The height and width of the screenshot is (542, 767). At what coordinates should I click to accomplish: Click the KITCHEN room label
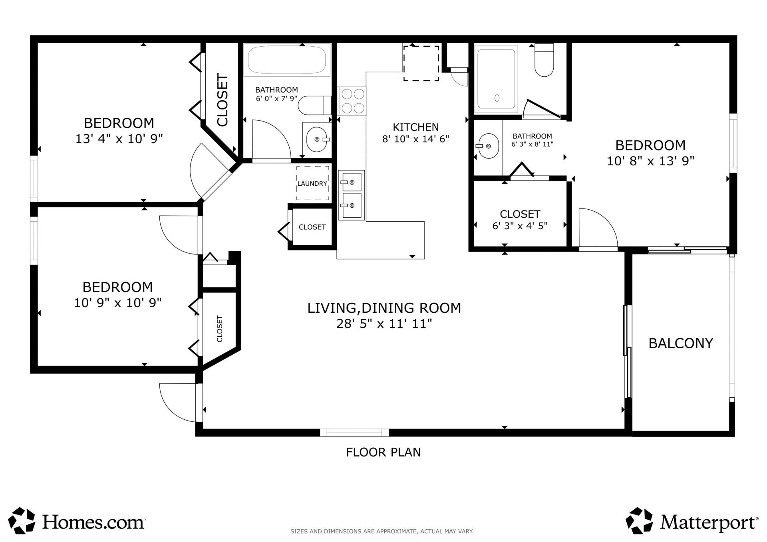415,127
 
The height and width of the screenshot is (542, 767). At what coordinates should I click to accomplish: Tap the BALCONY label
680,343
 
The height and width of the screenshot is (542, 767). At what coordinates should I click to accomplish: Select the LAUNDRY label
312,183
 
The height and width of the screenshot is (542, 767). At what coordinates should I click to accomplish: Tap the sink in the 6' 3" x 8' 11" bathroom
488,146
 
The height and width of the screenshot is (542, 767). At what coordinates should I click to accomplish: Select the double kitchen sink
351,195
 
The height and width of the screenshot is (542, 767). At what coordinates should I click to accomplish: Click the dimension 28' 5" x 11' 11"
384,324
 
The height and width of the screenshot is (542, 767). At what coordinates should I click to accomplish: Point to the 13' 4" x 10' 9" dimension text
119,139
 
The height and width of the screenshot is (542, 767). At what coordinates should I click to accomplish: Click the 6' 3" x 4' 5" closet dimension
519,226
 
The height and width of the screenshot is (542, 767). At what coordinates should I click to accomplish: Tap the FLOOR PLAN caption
383,452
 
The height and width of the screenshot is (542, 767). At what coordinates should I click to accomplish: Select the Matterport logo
691,521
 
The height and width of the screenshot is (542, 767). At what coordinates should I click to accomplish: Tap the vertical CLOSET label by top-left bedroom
222,100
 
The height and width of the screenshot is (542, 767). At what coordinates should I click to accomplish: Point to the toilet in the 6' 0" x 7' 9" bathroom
314,105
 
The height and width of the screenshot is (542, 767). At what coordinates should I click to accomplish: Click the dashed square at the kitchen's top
421,63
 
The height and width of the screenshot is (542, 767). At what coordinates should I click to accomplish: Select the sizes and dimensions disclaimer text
382,531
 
